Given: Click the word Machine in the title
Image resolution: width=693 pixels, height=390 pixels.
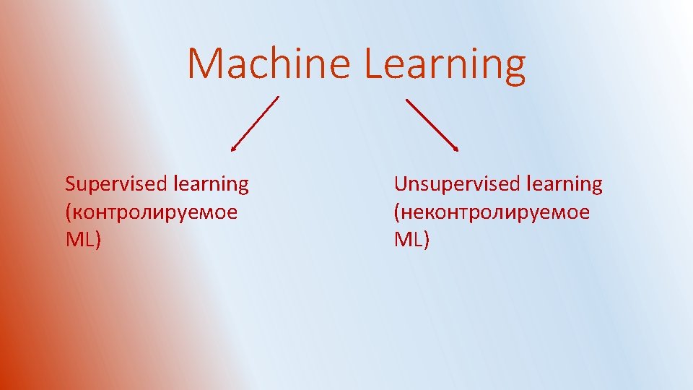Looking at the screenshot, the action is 269,64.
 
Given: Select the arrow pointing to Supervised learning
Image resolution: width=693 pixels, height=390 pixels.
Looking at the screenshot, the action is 255,123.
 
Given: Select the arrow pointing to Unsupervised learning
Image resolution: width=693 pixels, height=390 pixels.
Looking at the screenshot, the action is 432,124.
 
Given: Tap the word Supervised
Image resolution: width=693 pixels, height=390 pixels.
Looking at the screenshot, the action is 115,185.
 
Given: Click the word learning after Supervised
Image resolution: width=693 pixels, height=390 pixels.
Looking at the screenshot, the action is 211,185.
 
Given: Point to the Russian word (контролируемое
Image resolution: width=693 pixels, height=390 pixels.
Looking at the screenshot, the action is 151,213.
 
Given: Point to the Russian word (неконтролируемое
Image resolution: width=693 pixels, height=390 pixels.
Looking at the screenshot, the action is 491,213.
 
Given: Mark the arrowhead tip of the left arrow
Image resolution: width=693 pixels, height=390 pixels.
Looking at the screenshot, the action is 232,150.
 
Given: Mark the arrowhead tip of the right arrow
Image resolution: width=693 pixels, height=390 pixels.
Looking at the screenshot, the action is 457,150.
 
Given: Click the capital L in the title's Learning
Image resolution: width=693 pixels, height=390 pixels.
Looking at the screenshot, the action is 372,64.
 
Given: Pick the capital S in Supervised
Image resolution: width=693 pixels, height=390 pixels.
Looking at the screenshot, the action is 70,184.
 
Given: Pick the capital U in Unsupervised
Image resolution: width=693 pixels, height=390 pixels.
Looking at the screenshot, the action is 401,184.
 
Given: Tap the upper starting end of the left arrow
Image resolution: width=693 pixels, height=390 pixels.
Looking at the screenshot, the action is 278,97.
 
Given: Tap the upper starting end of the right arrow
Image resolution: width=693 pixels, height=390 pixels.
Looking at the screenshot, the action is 406,99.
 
